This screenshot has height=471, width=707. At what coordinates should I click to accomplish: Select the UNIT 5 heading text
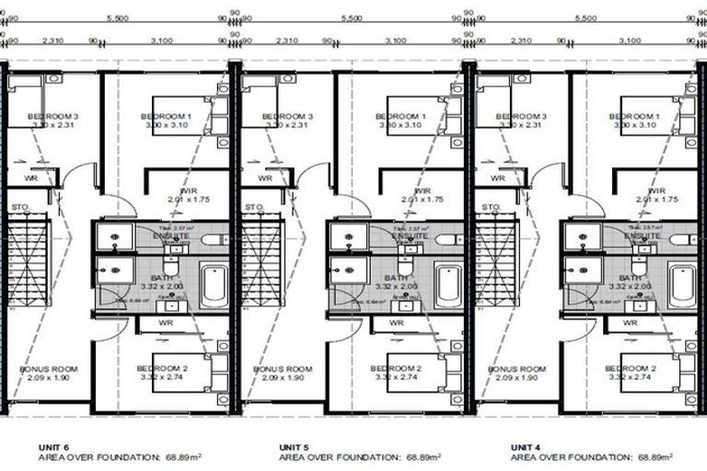(x=294, y=446)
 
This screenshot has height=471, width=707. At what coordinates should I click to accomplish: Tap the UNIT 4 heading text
(x=526, y=446)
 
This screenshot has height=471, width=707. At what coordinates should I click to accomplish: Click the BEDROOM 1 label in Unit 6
(x=167, y=117)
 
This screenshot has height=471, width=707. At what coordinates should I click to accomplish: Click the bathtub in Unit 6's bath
(x=214, y=286)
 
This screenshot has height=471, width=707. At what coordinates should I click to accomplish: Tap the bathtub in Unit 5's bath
(x=448, y=286)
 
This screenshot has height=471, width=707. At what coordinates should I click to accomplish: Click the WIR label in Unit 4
(x=655, y=190)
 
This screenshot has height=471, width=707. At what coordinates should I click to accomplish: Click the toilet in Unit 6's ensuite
(x=211, y=239)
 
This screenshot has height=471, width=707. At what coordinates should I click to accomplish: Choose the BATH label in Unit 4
(x=631, y=278)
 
